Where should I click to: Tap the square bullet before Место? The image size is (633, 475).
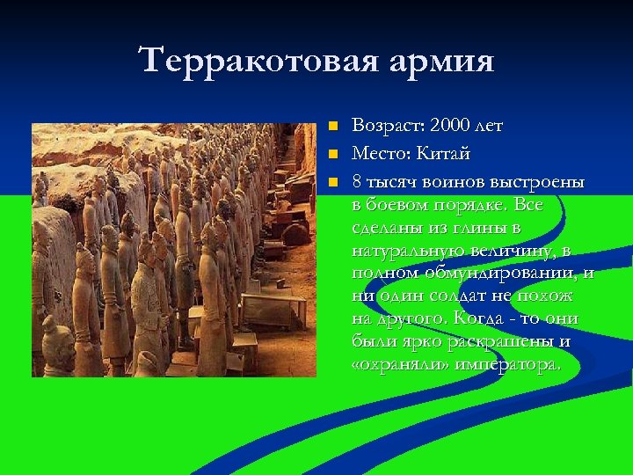[331, 154]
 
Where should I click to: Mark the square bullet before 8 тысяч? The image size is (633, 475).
[331, 181]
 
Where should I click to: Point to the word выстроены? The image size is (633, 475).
[535, 180]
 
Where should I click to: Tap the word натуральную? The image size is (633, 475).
[403, 250]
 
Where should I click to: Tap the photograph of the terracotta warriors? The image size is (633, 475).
[174, 250]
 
